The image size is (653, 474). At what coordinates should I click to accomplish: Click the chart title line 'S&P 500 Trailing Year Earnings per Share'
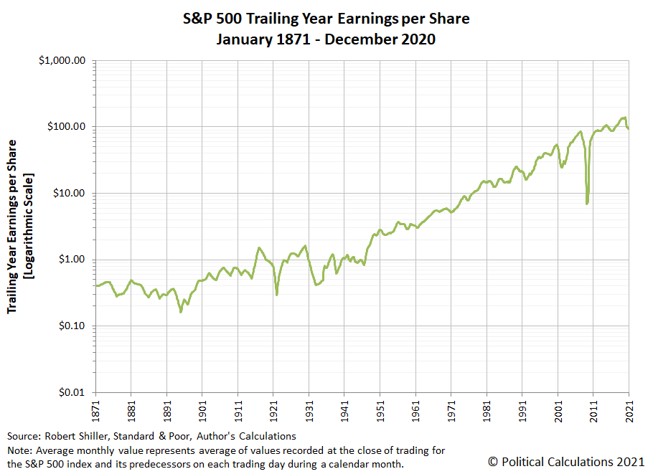326,19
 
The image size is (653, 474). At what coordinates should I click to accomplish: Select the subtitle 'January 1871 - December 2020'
326,39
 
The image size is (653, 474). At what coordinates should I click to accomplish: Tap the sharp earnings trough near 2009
587,203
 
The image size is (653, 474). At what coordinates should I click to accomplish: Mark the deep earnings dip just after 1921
277,294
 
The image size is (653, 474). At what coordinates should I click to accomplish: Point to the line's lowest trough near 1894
181,311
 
